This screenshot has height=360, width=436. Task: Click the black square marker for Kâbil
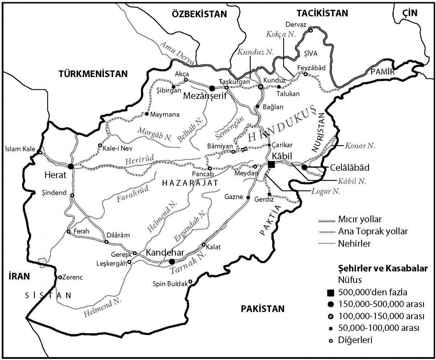[x=271, y=165]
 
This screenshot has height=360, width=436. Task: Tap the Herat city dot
[x=71, y=166]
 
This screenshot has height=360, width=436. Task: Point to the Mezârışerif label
[x=205, y=96]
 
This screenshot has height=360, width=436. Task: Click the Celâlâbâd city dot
[x=304, y=167]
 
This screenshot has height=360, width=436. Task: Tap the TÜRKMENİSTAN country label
[x=93, y=74]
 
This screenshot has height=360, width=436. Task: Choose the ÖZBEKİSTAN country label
[x=199, y=14]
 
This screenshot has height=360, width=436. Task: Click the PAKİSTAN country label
[x=262, y=309]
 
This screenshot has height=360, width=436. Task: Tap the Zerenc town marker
[x=60, y=277]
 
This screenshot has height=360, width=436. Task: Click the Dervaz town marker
[x=311, y=31]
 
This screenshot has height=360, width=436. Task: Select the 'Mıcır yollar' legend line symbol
[x=326, y=219]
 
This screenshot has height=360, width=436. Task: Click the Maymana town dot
[x=146, y=114]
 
